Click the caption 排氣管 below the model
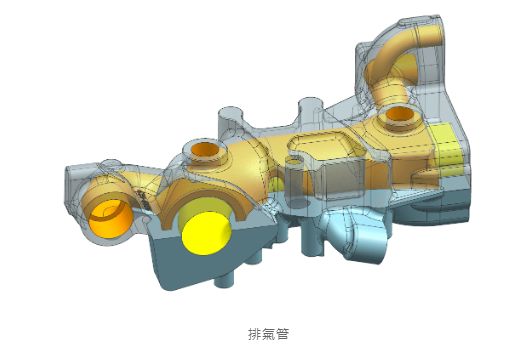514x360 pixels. [x=268, y=333]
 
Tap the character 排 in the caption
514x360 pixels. [x=254, y=333]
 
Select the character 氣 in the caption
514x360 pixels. [x=268, y=333]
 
